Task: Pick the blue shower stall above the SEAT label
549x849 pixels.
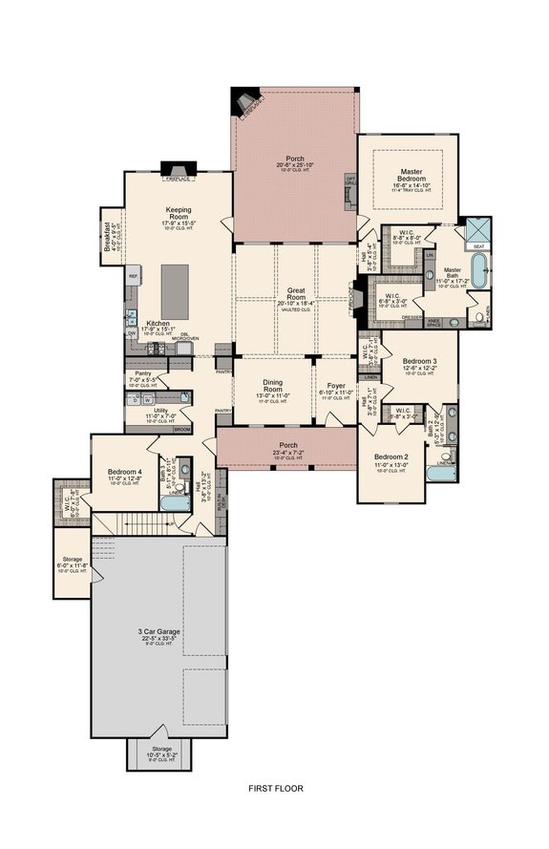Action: tap(474, 229)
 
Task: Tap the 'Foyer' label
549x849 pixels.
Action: tap(336, 387)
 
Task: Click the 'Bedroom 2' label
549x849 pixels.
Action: tap(391, 456)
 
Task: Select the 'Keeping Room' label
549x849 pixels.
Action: tap(180, 212)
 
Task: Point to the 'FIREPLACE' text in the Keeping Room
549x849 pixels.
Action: tap(179, 179)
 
